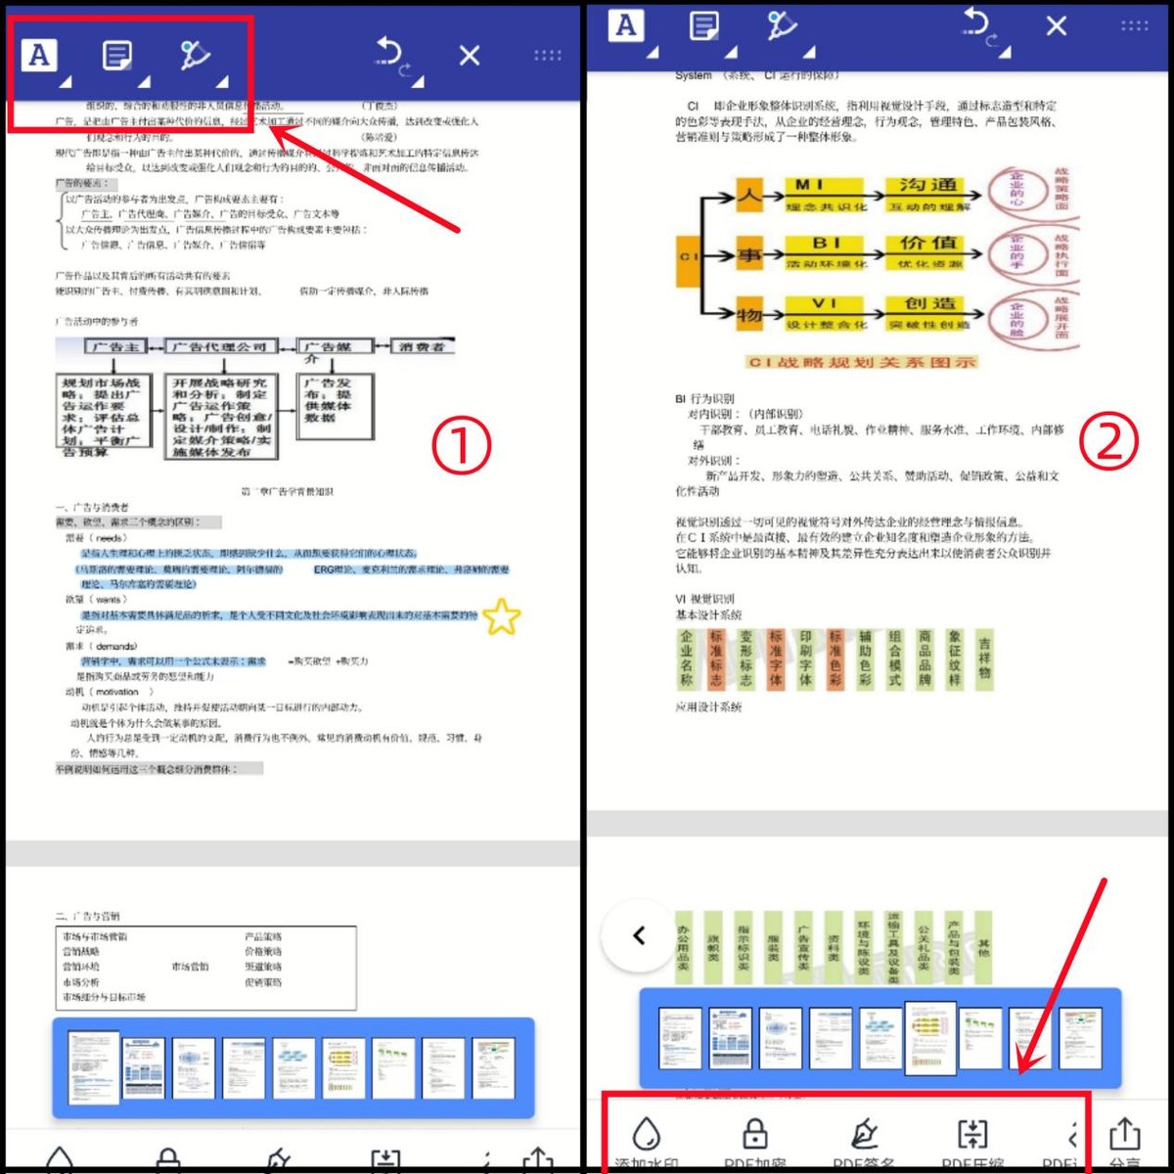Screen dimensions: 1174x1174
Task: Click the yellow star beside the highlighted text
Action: (502, 616)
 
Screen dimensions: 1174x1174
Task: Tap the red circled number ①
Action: (461, 447)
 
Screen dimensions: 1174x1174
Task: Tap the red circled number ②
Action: (1108, 441)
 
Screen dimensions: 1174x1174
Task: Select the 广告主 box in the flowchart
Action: (116, 347)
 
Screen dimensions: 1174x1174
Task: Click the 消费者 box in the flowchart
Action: (423, 346)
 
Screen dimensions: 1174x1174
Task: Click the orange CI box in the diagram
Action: (688, 258)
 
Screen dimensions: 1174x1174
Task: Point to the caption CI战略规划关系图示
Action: (862, 362)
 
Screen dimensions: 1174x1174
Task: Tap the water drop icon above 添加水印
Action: (646, 1134)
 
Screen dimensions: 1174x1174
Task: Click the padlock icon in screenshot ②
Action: (754, 1134)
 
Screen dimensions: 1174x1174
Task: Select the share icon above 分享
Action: (1124, 1134)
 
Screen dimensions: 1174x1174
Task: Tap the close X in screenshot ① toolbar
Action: (470, 55)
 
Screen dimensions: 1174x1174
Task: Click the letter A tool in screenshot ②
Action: (626, 26)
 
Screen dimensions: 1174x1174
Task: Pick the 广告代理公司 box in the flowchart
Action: (219, 347)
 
